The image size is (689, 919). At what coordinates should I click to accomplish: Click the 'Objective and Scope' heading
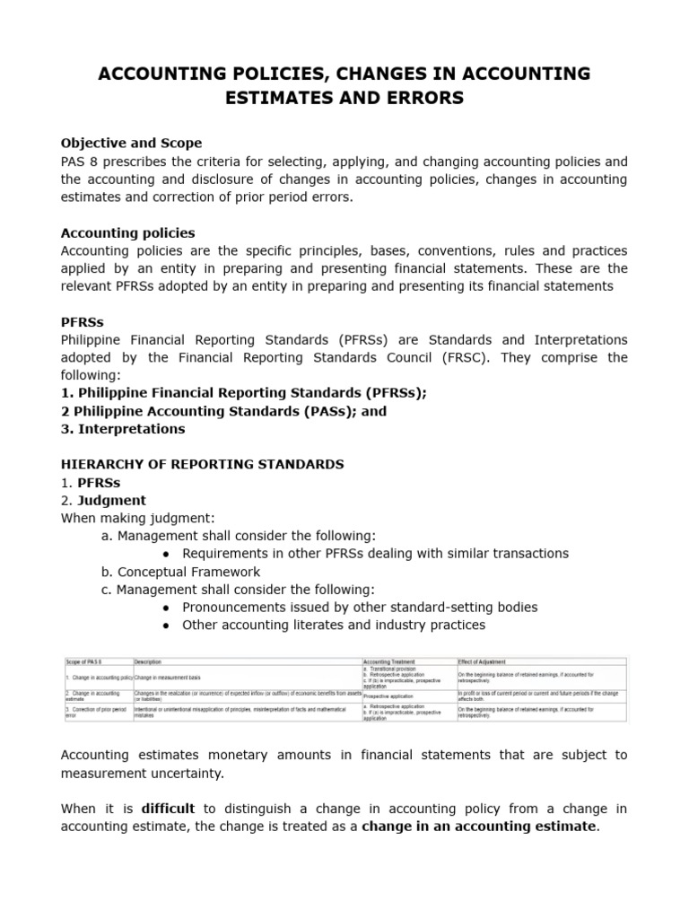tap(131, 143)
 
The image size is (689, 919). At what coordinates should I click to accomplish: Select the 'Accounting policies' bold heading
tap(127, 232)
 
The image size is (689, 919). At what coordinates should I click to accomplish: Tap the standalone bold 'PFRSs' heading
tap(82, 322)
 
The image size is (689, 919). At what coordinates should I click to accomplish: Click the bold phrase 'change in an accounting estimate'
tap(478, 826)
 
